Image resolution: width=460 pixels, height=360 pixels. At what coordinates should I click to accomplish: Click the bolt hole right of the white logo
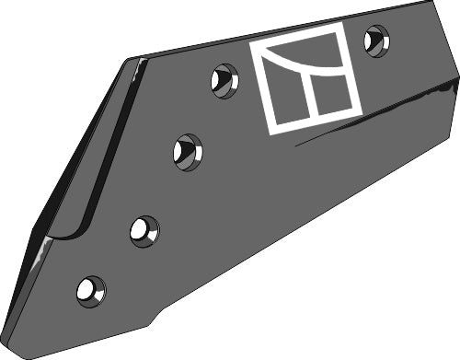tap(375, 41)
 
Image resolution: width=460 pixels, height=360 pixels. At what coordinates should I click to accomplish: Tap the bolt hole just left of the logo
tap(224, 82)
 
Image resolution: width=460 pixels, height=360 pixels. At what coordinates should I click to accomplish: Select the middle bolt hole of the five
tap(187, 150)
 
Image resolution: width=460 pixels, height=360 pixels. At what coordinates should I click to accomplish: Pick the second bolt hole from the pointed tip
tap(144, 230)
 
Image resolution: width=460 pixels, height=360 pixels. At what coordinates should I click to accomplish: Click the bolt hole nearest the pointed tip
tap(90, 291)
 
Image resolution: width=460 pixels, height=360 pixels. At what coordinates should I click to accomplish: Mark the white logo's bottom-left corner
tap(270, 133)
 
